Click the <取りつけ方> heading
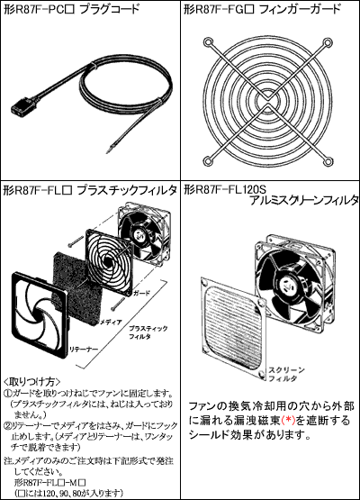click(x=28, y=382)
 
